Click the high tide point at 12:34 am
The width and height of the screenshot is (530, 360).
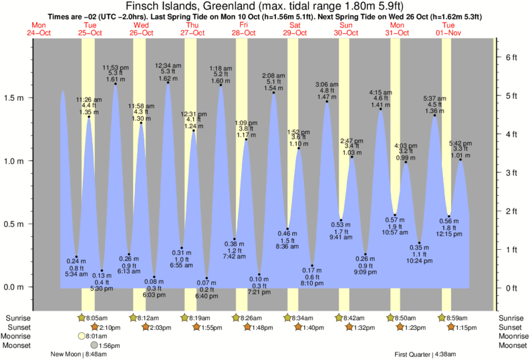pos(168,83)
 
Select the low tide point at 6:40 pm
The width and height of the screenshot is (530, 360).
pos(207,278)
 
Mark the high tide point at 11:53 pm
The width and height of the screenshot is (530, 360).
pos(115,84)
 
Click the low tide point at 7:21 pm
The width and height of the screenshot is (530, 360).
pos(259,275)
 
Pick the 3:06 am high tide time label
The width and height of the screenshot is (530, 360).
pos(326,85)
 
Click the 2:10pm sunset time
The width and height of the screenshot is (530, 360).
pos(109,327)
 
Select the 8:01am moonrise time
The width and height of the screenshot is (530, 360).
pos(97,337)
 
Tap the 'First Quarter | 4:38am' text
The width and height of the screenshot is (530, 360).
pos(424,355)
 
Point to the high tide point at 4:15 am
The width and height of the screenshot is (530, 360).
pos(381,110)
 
